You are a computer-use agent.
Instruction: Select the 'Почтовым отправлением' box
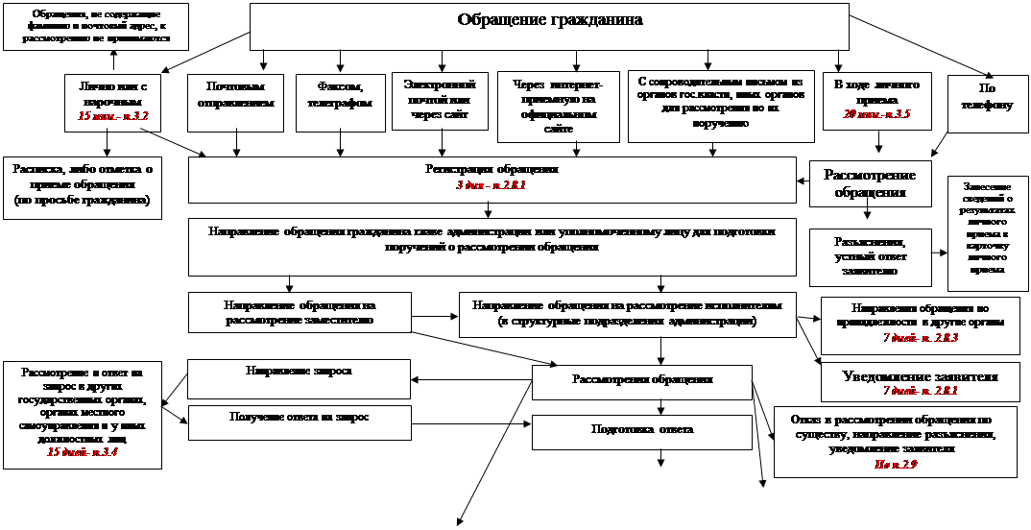click(235, 103)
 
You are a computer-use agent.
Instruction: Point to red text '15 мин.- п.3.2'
click(114, 115)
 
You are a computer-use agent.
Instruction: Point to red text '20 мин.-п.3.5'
click(871, 114)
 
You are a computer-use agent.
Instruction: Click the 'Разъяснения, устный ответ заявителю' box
click(870, 256)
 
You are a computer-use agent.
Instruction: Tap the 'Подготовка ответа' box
click(642, 431)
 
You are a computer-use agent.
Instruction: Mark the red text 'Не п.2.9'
click(896, 464)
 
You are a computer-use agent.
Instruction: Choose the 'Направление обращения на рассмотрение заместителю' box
click(300, 313)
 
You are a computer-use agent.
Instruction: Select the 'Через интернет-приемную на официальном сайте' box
click(559, 107)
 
